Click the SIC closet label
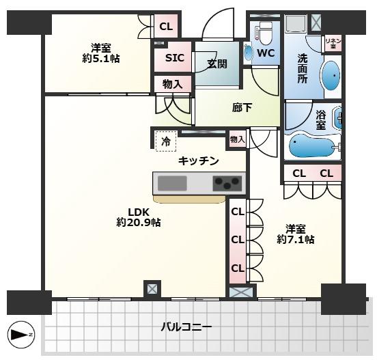[175, 57]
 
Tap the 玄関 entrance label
[217, 64]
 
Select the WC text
[266, 53]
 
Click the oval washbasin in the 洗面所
[331, 76]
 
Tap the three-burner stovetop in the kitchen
[227, 183]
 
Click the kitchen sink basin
[172, 183]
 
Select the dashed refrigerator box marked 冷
[166, 141]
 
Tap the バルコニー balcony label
[186, 327]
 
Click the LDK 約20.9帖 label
[139, 217]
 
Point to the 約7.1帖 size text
[296, 240]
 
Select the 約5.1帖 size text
[101, 59]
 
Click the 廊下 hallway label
[242, 107]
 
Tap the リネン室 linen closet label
[333, 43]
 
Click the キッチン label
[198, 161]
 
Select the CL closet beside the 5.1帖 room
[166, 26]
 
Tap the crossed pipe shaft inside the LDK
[152, 288]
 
